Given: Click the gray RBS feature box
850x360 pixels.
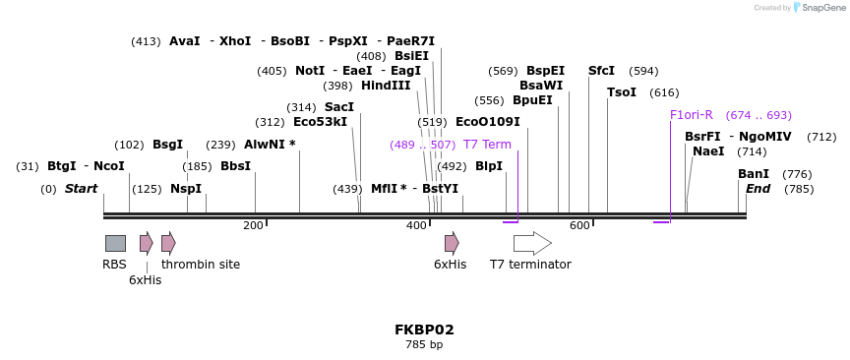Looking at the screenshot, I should pos(115,243).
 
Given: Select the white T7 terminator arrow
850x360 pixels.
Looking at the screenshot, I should pos(531,243).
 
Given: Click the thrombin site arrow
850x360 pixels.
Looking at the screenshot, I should pos(168,243).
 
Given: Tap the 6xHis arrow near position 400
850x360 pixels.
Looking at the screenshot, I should pos(452,243).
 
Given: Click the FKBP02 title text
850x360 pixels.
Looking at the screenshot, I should pos(424,330).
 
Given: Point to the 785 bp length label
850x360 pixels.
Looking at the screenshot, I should pos(424,345).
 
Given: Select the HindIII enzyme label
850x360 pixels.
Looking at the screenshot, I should pos(386,86).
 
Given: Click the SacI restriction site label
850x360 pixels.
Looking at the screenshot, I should pos(339,107).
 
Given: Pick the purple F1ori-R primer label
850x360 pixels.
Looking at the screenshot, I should pos(691,115).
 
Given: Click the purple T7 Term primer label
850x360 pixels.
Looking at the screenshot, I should pos(487,145).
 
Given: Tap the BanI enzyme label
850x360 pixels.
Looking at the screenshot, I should pos(754,174).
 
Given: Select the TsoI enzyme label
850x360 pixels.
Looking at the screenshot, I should pos(622,92).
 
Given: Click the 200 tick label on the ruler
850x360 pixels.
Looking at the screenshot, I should pos(253,226).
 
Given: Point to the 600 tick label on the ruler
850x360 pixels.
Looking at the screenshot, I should pos(579,226).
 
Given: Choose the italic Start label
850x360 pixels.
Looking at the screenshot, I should pos(82,189).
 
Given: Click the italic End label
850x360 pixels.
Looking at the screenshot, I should pos(758,189).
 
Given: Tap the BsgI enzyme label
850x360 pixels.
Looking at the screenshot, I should pos(167,145).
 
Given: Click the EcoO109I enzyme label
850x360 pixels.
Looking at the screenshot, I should pos(487,122).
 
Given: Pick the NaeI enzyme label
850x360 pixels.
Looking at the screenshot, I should pos(708,151).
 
